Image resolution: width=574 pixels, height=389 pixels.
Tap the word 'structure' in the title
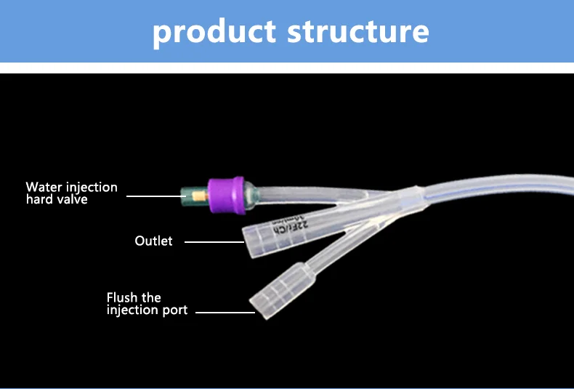[356, 32]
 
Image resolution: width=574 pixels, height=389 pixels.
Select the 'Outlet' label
[153, 241]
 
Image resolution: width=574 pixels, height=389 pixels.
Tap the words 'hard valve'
[57, 199]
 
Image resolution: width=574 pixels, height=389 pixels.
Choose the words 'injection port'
[147, 310]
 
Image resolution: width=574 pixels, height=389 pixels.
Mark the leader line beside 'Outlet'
[212, 241]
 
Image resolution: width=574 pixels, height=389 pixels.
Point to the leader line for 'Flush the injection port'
[224, 312]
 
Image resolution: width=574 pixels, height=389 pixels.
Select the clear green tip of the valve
[190, 195]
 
